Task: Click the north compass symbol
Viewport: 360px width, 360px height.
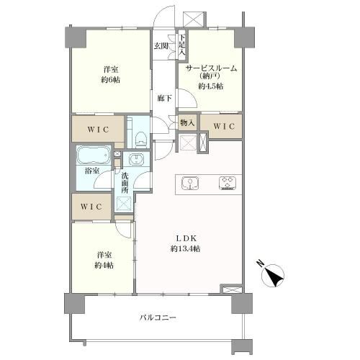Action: pyautogui.click(x=274, y=275)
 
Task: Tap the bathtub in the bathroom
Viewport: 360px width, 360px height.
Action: pyautogui.click(x=94, y=155)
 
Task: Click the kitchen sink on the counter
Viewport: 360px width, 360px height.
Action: pyautogui.click(x=190, y=184)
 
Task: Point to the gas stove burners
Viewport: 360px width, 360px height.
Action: pyautogui.click(x=228, y=184)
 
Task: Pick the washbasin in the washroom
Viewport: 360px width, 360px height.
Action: pyautogui.click(x=136, y=159)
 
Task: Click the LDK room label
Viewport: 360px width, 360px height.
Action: pyautogui.click(x=186, y=238)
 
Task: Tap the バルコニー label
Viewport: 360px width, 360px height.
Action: pyautogui.click(x=158, y=318)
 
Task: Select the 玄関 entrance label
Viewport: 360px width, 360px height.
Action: pyautogui.click(x=161, y=46)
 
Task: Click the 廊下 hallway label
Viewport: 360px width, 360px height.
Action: pyautogui.click(x=165, y=98)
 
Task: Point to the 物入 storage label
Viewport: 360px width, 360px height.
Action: pyautogui.click(x=187, y=123)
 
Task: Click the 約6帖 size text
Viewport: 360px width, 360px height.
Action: pyautogui.click(x=111, y=80)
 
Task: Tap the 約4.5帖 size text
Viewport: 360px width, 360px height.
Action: pyautogui.click(x=211, y=86)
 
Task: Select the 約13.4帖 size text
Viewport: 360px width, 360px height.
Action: pyautogui.click(x=185, y=249)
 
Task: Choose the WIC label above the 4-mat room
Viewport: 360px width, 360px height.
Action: pyautogui.click(x=91, y=207)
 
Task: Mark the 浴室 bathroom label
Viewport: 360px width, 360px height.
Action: pyautogui.click(x=92, y=171)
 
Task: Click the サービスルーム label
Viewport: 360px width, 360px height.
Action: pyautogui.click(x=212, y=68)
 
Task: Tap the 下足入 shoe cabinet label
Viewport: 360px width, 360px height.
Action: pyautogui.click(x=182, y=45)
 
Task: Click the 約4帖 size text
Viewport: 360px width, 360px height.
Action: pyautogui.click(x=104, y=266)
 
